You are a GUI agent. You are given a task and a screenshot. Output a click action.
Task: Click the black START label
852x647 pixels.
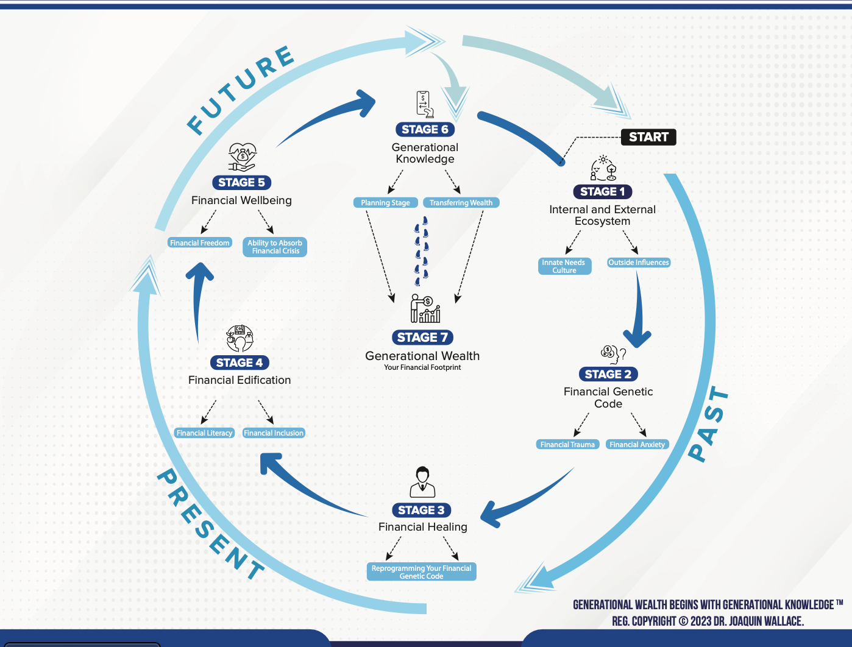pyautogui.click(x=648, y=137)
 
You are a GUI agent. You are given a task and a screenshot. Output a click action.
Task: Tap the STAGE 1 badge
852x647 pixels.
pyautogui.click(x=602, y=191)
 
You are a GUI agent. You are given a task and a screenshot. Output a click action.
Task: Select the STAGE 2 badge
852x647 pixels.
pyautogui.click(x=608, y=374)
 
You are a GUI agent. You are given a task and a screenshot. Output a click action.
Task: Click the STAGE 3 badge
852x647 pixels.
pyautogui.click(x=422, y=510)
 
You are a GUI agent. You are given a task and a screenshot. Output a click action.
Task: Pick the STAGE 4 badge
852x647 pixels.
pyautogui.click(x=240, y=362)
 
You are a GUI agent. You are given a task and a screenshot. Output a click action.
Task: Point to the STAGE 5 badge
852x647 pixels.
pyautogui.click(x=241, y=182)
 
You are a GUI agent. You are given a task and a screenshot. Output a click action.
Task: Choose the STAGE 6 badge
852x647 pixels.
pyautogui.click(x=425, y=129)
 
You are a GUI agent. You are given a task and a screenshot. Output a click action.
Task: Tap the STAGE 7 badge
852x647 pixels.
pyautogui.click(x=423, y=337)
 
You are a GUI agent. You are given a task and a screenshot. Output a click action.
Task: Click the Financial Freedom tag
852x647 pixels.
pyautogui.click(x=200, y=242)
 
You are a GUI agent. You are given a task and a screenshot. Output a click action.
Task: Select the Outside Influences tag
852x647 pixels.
pyautogui.click(x=639, y=262)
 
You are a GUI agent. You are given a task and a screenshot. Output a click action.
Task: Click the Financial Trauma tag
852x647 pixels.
pyautogui.click(x=567, y=444)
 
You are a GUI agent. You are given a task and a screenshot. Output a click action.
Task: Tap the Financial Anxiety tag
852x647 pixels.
pyautogui.click(x=637, y=444)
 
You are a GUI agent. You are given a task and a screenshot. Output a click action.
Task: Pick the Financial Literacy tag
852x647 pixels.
pyautogui.click(x=205, y=433)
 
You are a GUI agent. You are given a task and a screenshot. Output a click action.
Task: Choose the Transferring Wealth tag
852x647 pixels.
pyautogui.click(x=461, y=202)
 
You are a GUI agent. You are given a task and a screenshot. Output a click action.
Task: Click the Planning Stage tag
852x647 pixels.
pyautogui.click(x=385, y=202)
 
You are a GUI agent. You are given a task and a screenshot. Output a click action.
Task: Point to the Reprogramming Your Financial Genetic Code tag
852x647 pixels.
pyautogui.click(x=422, y=571)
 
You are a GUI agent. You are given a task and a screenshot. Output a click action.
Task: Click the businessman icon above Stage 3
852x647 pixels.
pyautogui.click(x=422, y=482)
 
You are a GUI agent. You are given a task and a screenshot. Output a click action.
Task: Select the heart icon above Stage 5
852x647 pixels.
pyautogui.click(x=242, y=157)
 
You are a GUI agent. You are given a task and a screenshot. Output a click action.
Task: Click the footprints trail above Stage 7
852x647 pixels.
pyautogui.click(x=422, y=252)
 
